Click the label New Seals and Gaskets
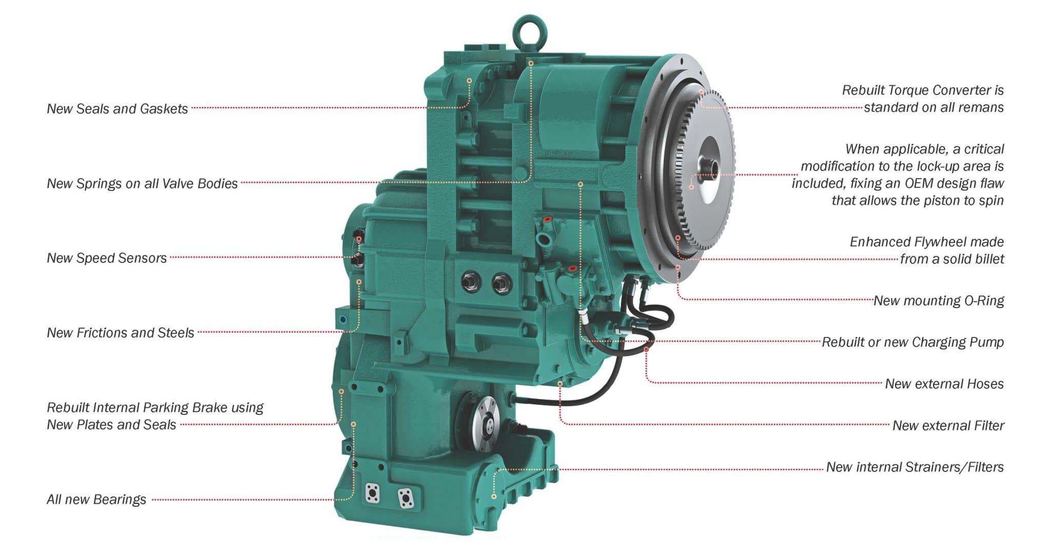pyautogui.click(x=117, y=109)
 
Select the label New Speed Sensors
pyautogui.click(x=107, y=258)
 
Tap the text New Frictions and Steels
pyautogui.click(x=121, y=333)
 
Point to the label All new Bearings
pyautogui.click(x=96, y=499)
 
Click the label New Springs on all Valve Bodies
pyautogui.click(x=142, y=183)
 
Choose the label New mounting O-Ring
pyautogui.click(x=939, y=300)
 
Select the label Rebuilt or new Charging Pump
pyautogui.click(x=912, y=342)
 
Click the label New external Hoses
pyautogui.click(x=944, y=384)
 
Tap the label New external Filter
pyautogui.click(x=948, y=425)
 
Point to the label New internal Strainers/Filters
pyautogui.click(x=914, y=467)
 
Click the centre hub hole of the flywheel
pyautogui.click(x=714, y=167)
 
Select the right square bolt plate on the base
pyautogui.click(x=406, y=498)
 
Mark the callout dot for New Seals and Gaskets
pyautogui.click(x=469, y=81)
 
